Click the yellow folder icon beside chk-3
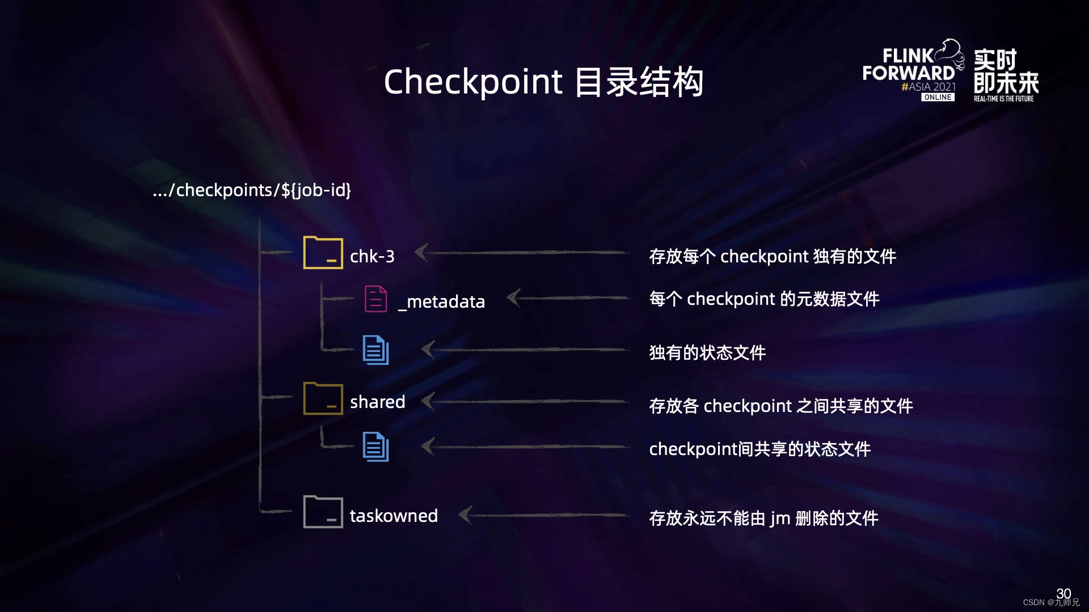click(x=323, y=253)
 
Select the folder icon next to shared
click(x=323, y=398)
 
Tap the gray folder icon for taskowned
click(x=323, y=512)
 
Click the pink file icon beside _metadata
click(x=375, y=299)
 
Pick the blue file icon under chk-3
click(x=375, y=350)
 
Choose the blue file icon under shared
click(x=375, y=447)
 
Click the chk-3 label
click(x=372, y=256)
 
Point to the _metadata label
click(x=441, y=301)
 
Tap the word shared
click(x=377, y=402)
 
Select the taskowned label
click(x=394, y=516)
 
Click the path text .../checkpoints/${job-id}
click(x=252, y=190)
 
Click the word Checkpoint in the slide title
click(x=473, y=82)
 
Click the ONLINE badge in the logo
click(x=938, y=97)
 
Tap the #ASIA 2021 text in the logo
click(x=928, y=87)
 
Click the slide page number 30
click(x=1063, y=593)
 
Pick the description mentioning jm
click(x=763, y=518)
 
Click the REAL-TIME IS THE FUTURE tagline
click(x=1003, y=99)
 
